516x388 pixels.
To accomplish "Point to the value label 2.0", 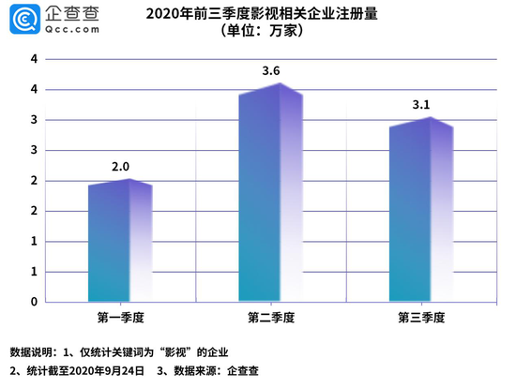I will [x=121, y=167].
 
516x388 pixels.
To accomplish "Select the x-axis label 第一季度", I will [x=120, y=317].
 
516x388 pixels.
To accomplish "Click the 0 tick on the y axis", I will [x=35, y=302].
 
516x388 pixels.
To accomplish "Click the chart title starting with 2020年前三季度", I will [x=261, y=13].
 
